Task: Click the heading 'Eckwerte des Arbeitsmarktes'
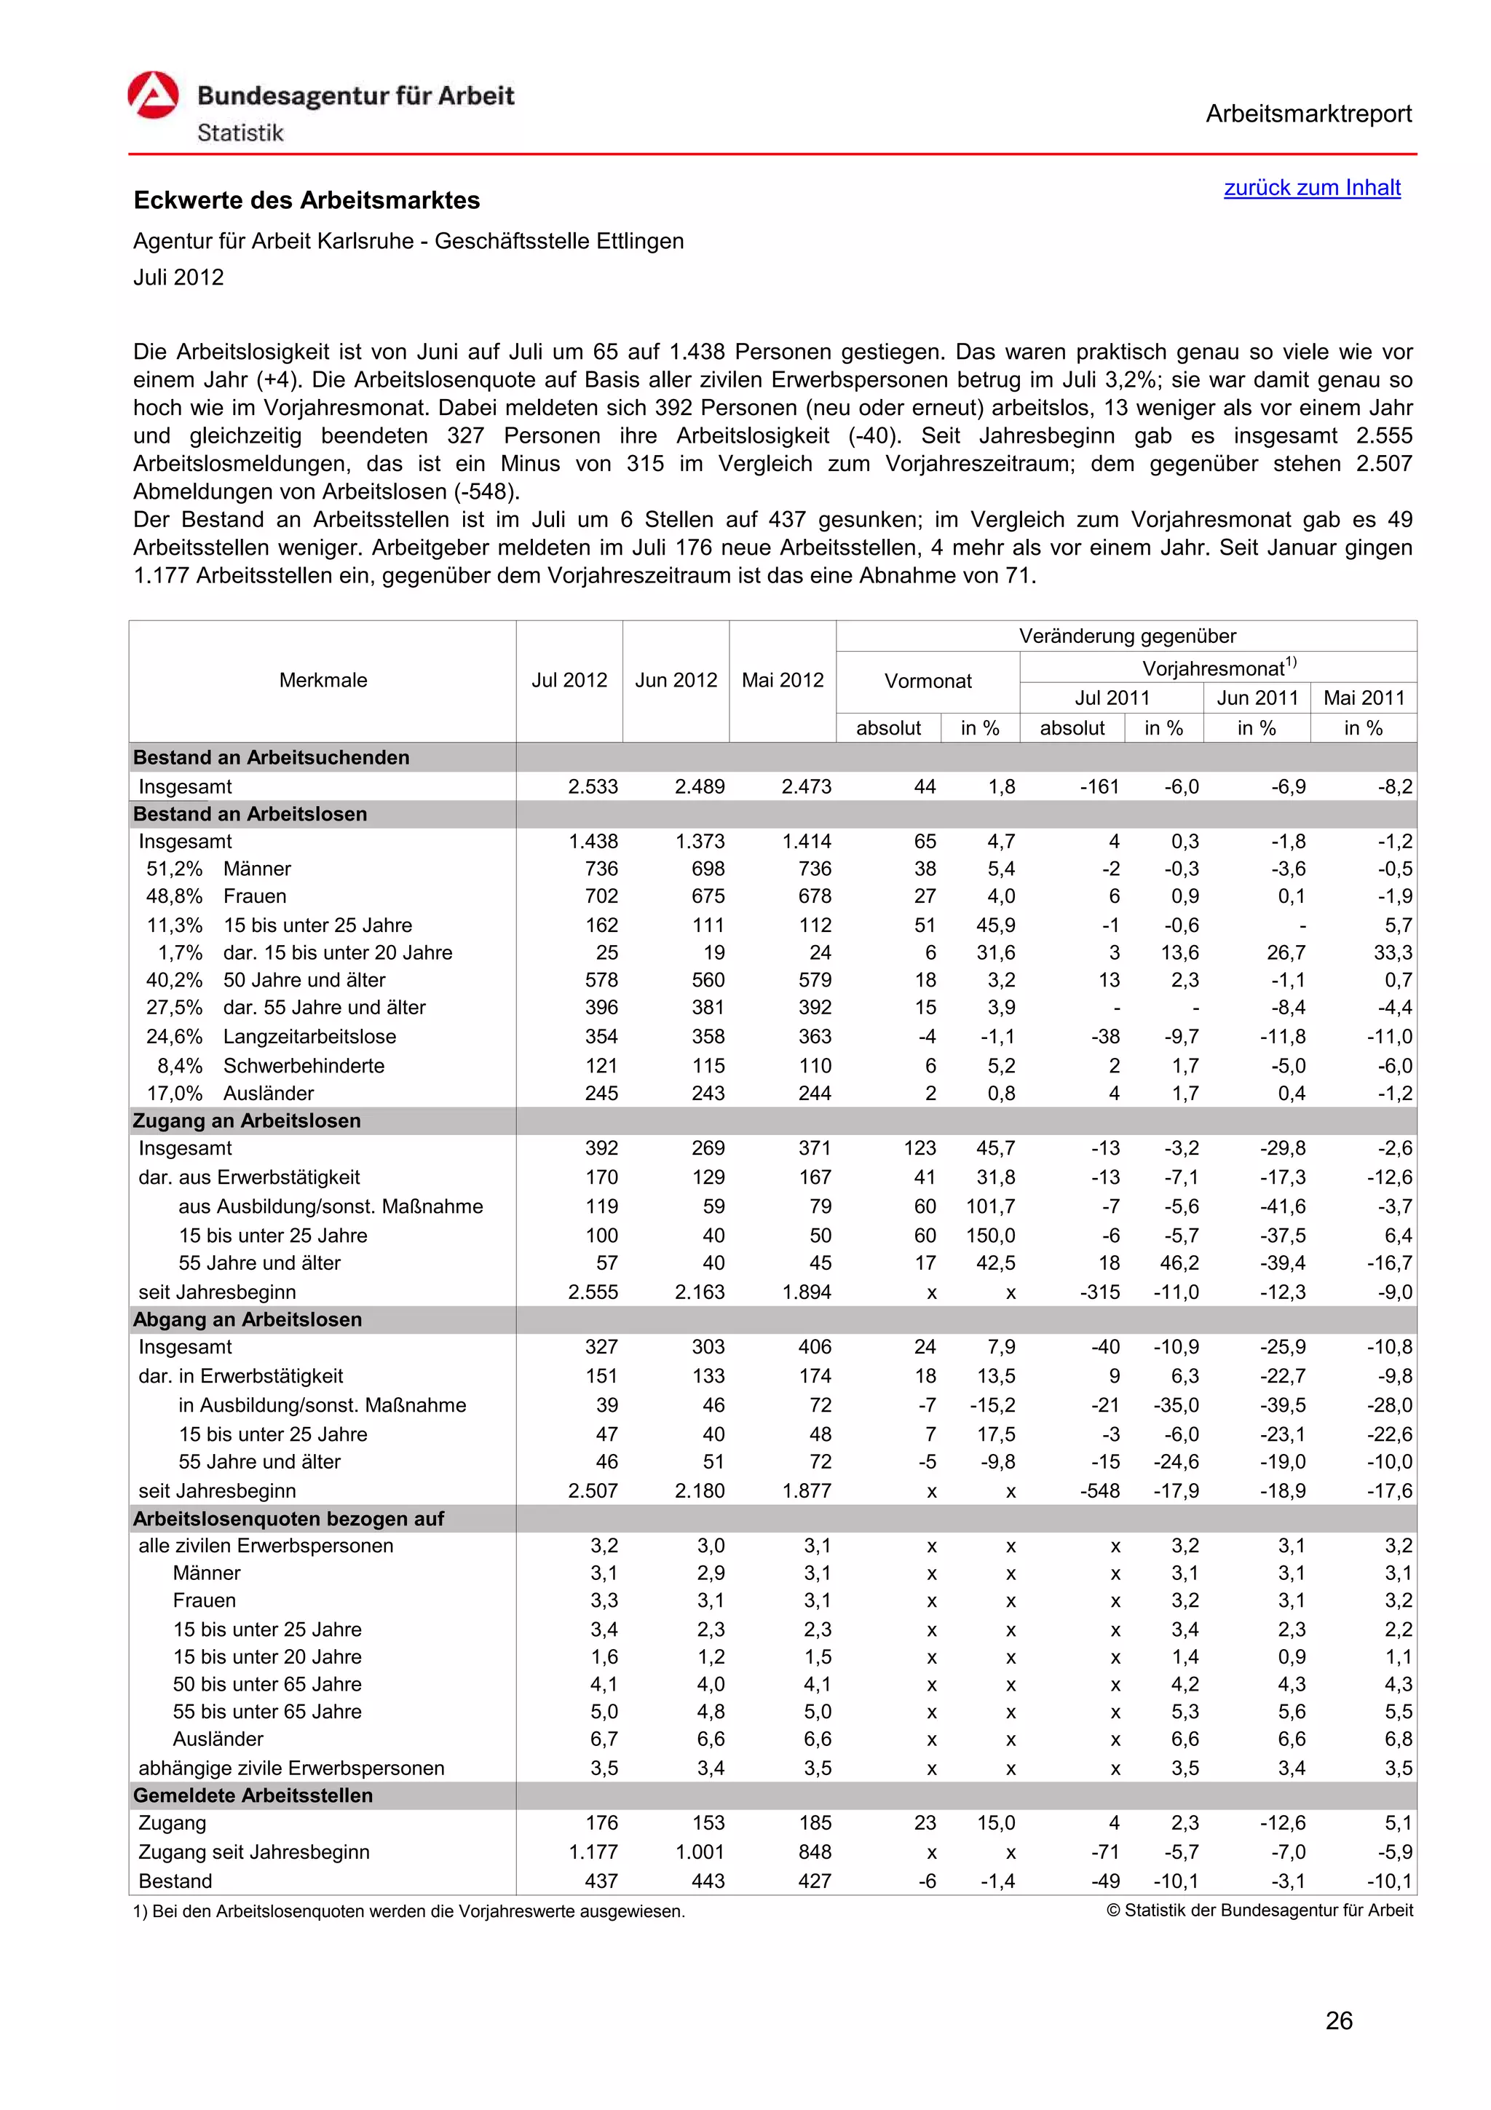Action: coord(306,200)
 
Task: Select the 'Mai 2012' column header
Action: coord(782,680)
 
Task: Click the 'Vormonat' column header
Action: coord(927,681)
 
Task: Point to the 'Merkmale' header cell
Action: coord(323,680)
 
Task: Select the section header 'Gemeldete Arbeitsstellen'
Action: coord(253,1795)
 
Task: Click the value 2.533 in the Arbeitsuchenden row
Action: coord(593,786)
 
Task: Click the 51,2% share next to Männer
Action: coord(175,869)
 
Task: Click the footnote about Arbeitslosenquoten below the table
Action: coord(409,1911)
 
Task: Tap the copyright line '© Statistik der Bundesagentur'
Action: coord(1259,1911)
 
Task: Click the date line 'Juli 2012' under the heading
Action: coord(178,277)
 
